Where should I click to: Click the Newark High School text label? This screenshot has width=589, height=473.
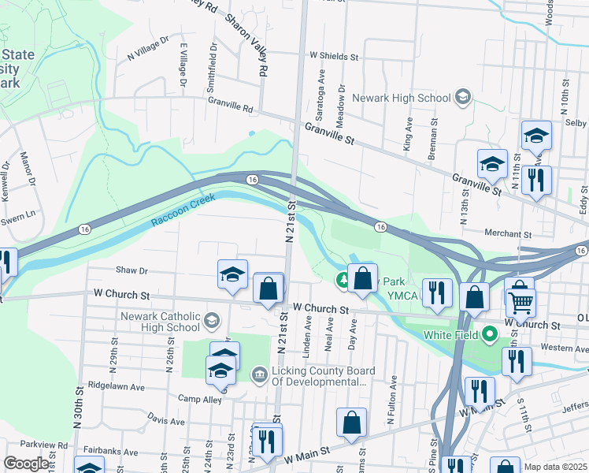click(400, 98)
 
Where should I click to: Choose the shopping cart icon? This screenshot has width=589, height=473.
click(520, 301)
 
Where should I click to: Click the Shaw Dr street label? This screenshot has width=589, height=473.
click(132, 270)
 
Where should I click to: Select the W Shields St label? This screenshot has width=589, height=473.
click(334, 57)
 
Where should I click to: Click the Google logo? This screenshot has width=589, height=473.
click(26, 464)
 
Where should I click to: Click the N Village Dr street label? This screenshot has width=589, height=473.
click(148, 47)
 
